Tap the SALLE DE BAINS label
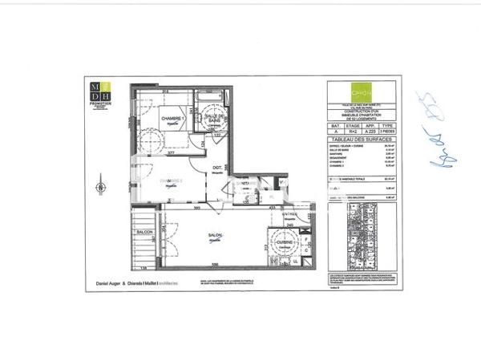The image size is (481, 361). pos(216,120)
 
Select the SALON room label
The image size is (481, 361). pos(214,235)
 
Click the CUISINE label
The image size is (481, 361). pos(285,242)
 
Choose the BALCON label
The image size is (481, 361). pos(144,233)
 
